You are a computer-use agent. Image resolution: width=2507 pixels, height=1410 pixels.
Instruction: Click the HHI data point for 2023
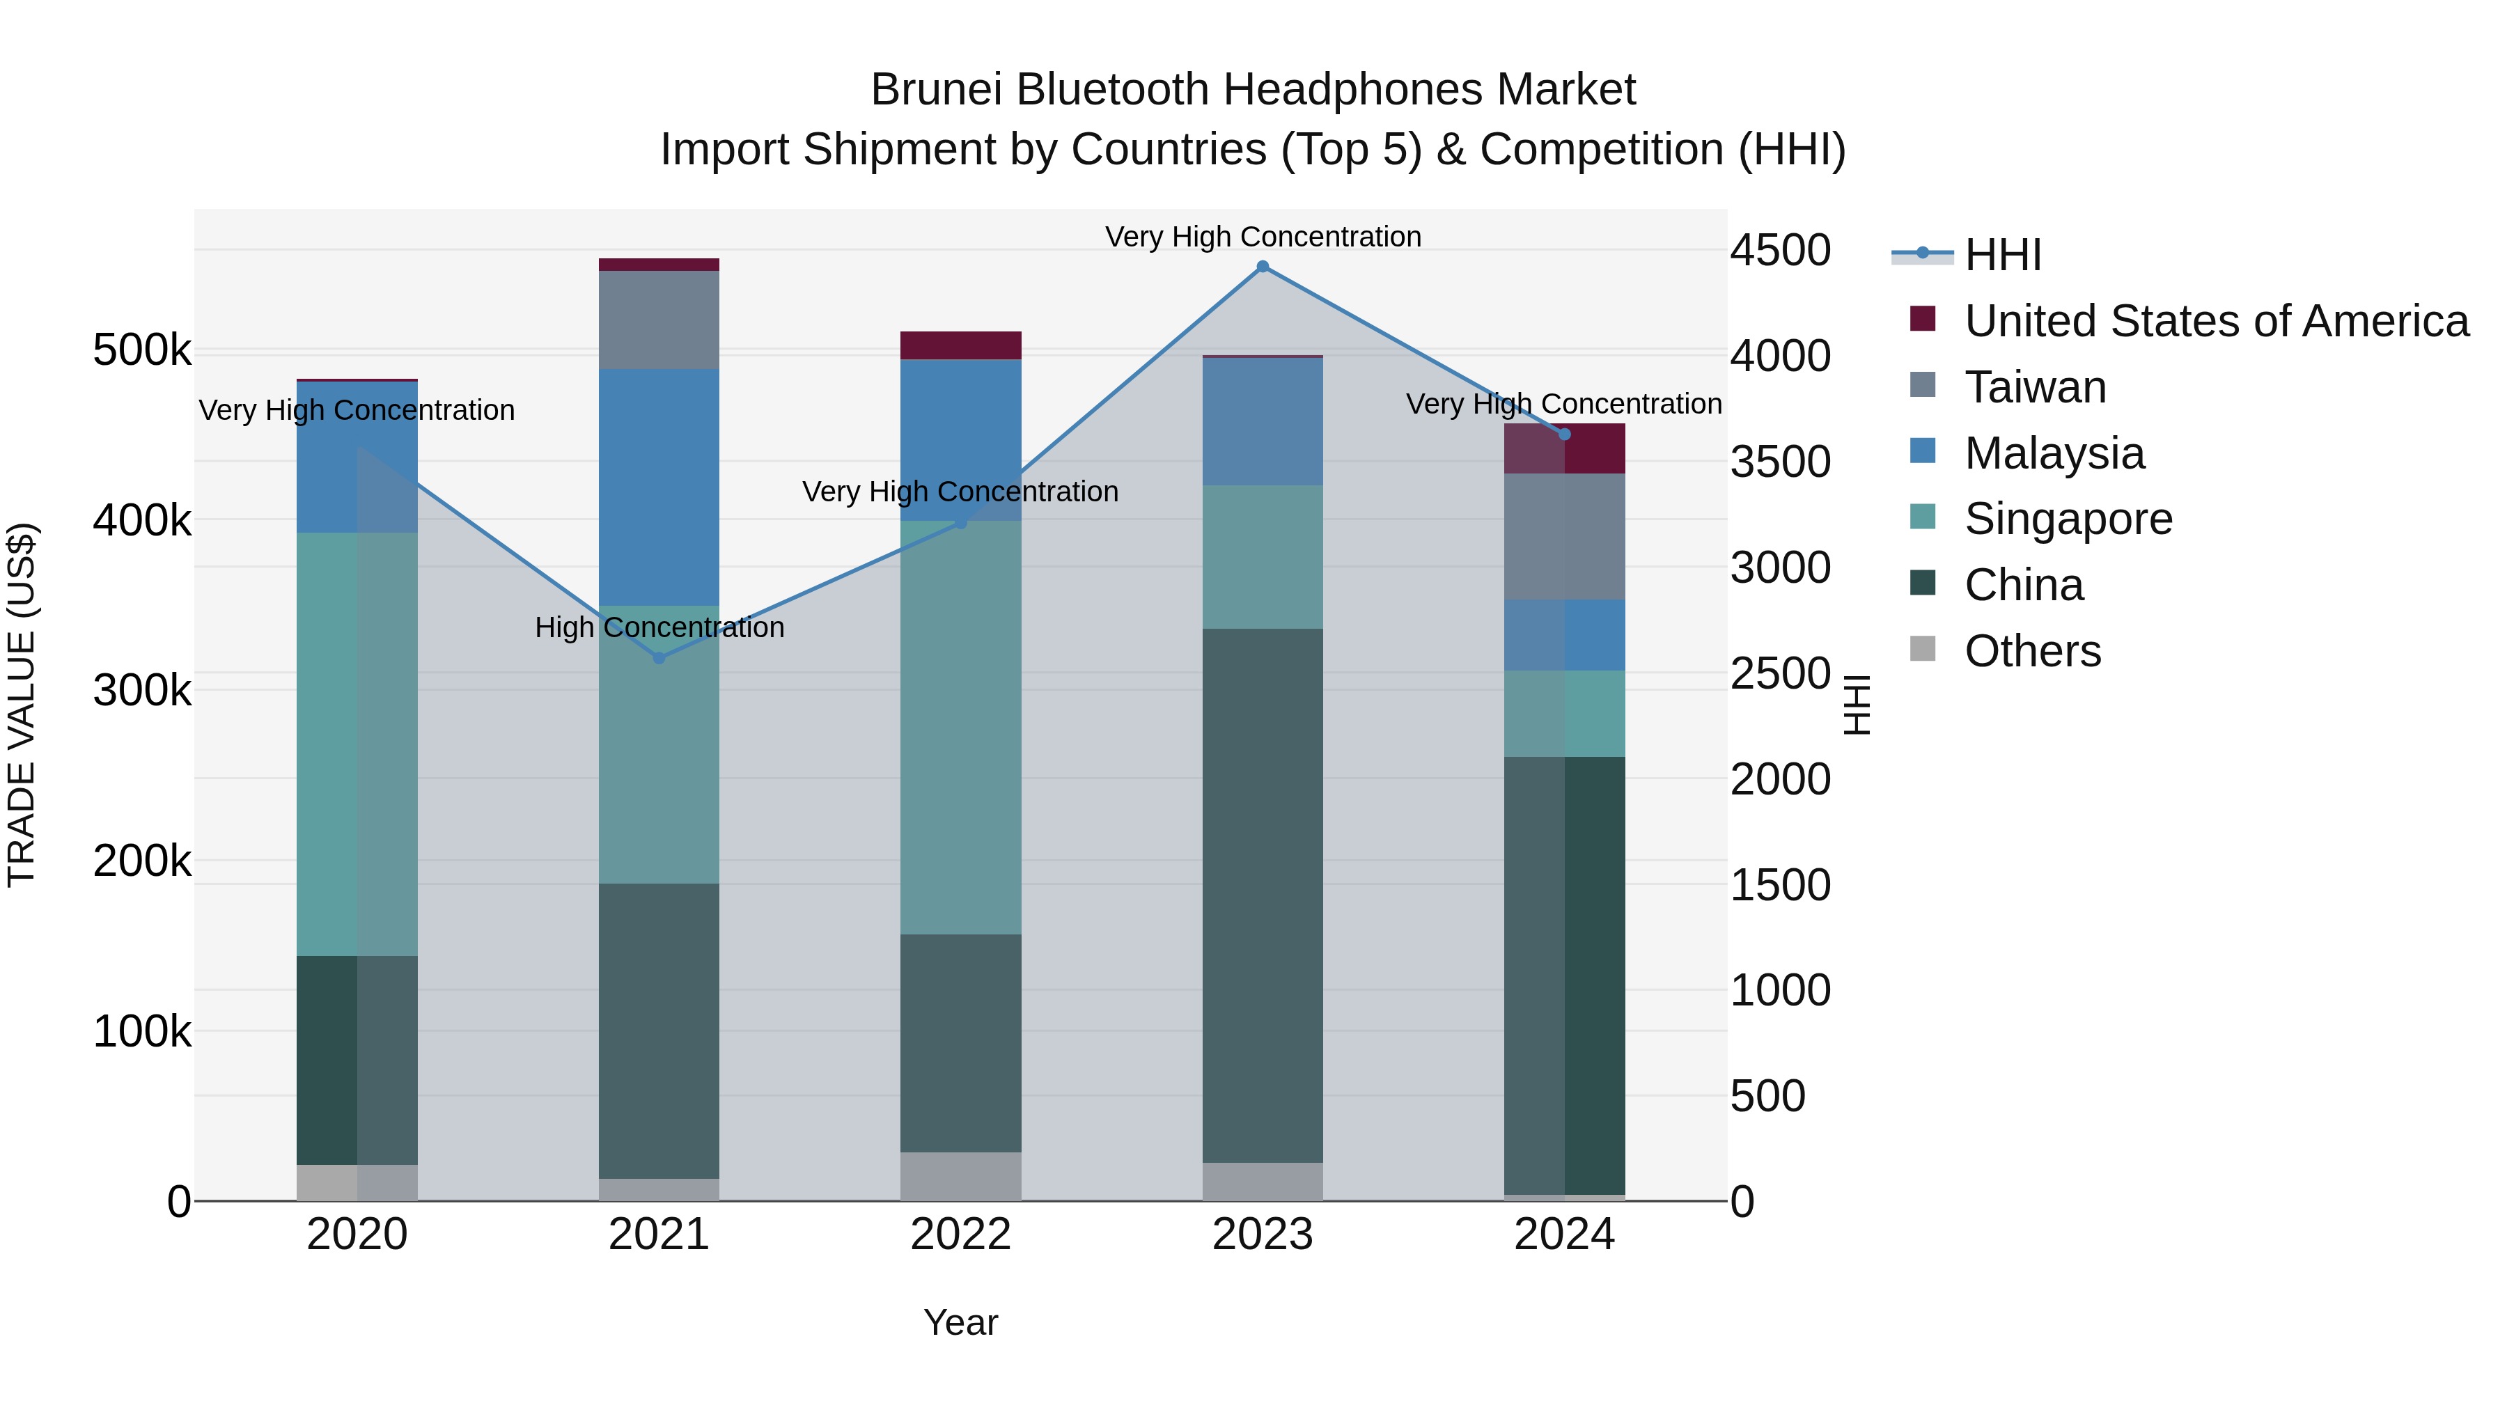pyautogui.click(x=1263, y=267)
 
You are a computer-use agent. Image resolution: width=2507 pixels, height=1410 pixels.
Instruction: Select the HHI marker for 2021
pyautogui.click(x=659, y=658)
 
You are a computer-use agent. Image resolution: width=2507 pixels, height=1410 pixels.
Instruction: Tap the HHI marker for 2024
pyautogui.click(x=1564, y=434)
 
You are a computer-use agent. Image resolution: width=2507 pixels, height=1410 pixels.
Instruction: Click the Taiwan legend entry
pyautogui.click(x=2035, y=387)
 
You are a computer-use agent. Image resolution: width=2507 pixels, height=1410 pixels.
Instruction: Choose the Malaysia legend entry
pyautogui.click(x=2054, y=453)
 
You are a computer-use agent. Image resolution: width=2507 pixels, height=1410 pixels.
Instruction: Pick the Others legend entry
pyautogui.click(x=2032, y=651)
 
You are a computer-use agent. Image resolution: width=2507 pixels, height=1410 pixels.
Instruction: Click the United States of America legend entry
pyautogui.click(x=2215, y=321)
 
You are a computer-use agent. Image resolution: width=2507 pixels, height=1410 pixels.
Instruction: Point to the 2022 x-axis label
pyautogui.click(x=960, y=1235)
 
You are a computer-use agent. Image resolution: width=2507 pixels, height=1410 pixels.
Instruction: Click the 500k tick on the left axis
pyautogui.click(x=142, y=350)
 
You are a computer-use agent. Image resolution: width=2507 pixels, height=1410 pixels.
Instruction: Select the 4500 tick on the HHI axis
pyautogui.click(x=1780, y=250)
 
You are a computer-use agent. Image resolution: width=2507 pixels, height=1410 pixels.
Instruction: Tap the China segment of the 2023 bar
pyautogui.click(x=1263, y=895)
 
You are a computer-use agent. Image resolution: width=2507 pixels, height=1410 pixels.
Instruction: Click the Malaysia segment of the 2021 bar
pyautogui.click(x=659, y=487)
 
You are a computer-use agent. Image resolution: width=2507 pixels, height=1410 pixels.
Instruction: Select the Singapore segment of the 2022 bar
pyautogui.click(x=960, y=727)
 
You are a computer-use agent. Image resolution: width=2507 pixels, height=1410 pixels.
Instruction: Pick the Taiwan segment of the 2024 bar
pyautogui.click(x=1564, y=536)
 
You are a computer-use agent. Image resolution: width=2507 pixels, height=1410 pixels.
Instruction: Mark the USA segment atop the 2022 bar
pyautogui.click(x=960, y=345)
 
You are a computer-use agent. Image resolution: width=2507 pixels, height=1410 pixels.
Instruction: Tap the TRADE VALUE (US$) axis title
pyautogui.click(x=22, y=705)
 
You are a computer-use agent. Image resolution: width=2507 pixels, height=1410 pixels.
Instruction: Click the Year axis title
pyautogui.click(x=960, y=1322)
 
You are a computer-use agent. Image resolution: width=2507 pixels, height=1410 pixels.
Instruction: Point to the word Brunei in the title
pyautogui.click(x=935, y=90)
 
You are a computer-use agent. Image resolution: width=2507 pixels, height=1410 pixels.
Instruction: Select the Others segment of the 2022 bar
pyautogui.click(x=960, y=1177)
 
